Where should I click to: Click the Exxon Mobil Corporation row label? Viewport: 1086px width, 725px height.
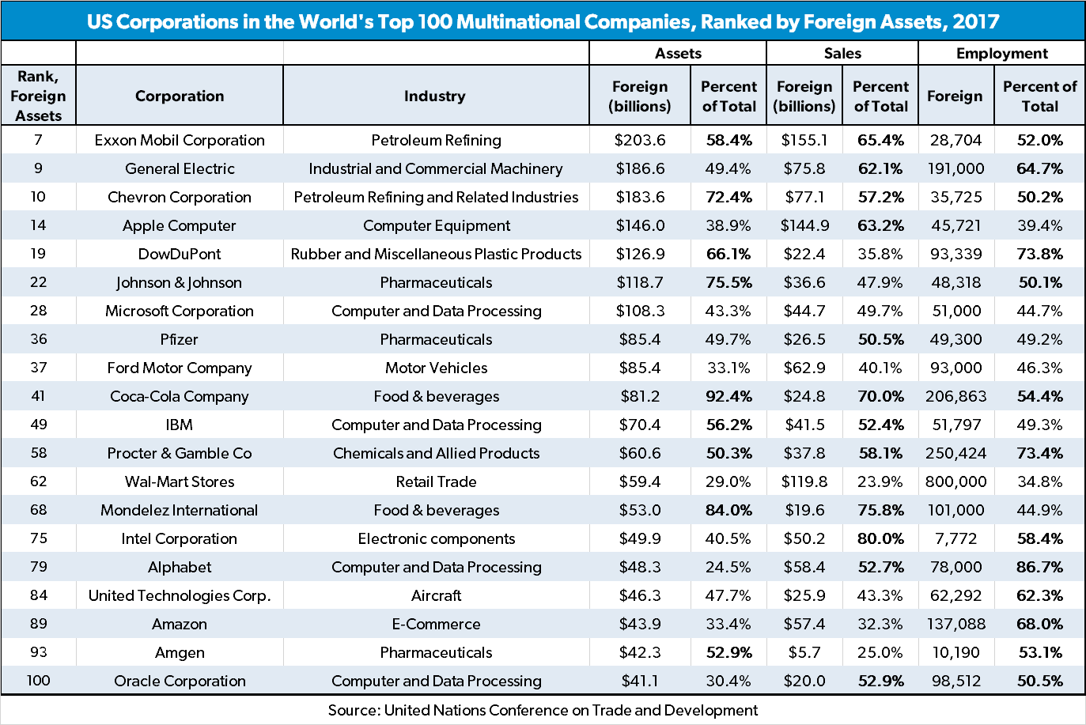point(180,140)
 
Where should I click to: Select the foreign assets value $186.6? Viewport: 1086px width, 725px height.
point(640,168)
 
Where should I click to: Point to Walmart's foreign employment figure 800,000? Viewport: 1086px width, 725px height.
point(955,481)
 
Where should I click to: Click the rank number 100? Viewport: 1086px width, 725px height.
point(38,681)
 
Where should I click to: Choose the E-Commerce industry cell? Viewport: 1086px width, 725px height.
point(436,624)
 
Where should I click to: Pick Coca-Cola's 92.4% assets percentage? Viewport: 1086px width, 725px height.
point(728,396)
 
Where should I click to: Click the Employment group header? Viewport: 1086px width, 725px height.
point(1001,53)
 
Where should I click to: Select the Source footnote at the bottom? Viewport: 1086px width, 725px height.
point(543,710)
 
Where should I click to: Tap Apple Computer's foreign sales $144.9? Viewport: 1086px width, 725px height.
point(804,225)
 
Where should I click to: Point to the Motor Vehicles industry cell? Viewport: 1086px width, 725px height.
point(436,368)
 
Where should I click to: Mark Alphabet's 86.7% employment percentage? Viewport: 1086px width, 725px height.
point(1039,567)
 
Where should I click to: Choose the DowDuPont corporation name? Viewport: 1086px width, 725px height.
point(180,254)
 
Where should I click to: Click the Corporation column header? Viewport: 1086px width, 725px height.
point(180,96)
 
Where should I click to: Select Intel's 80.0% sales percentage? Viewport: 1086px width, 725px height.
point(880,538)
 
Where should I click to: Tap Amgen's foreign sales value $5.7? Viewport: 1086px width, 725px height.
point(804,652)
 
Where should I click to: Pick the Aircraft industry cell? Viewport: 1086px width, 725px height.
point(436,595)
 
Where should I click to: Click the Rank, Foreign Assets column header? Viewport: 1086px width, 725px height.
point(38,96)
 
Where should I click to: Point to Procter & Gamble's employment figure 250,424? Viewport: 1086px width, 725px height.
point(955,453)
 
